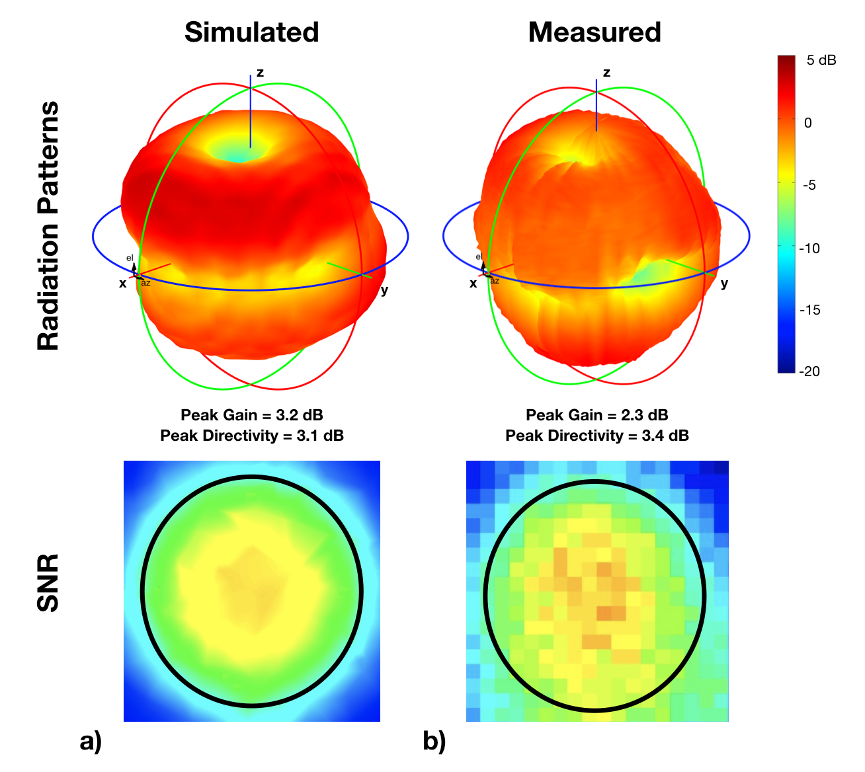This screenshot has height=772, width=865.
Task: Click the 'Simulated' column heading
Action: click(x=251, y=32)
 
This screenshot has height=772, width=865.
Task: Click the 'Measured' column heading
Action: click(x=595, y=32)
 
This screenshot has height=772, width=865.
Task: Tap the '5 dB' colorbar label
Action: click(x=821, y=61)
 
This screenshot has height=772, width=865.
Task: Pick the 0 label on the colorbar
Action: click(x=807, y=123)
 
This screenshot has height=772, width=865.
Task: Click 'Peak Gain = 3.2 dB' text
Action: click(x=252, y=415)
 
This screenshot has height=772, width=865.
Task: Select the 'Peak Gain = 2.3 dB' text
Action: click(x=597, y=415)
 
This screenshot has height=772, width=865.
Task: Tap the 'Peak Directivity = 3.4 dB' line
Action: click(x=597, y=436)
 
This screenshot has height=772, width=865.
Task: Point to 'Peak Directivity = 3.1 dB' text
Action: click(x=252, y=436)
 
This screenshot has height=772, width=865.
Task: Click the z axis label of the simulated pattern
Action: click(x=260, y=73)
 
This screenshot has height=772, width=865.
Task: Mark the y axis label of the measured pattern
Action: click(x=724, y=284)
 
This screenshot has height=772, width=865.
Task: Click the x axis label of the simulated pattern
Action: click(x=122, y=284)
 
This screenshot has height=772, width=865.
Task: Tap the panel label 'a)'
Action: click(x=91, y=742)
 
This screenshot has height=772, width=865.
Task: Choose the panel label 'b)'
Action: click(x=434, y=742)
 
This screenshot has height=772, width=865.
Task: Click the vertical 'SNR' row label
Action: click(x=48, y=583)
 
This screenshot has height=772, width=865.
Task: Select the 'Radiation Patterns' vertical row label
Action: click(x=48, y=225)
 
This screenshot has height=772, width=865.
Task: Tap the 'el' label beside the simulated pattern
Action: click(x=130, y=258)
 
